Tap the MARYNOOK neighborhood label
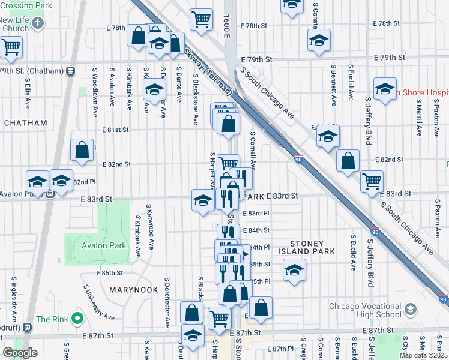point(133,290)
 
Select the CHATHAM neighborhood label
point(25,123)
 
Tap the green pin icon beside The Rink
point(77,318)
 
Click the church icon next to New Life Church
point(38,24)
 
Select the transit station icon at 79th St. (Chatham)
point(71,71)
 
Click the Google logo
point(20,353)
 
